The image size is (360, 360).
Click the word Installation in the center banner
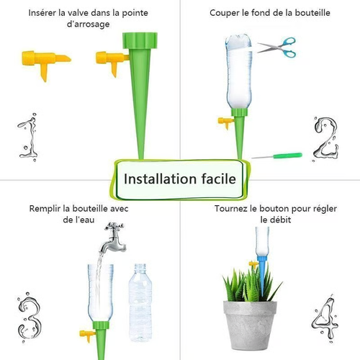tap(160, 179)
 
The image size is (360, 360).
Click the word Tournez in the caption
tap(232, 208)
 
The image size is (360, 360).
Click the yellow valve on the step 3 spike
tap(89, 334)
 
